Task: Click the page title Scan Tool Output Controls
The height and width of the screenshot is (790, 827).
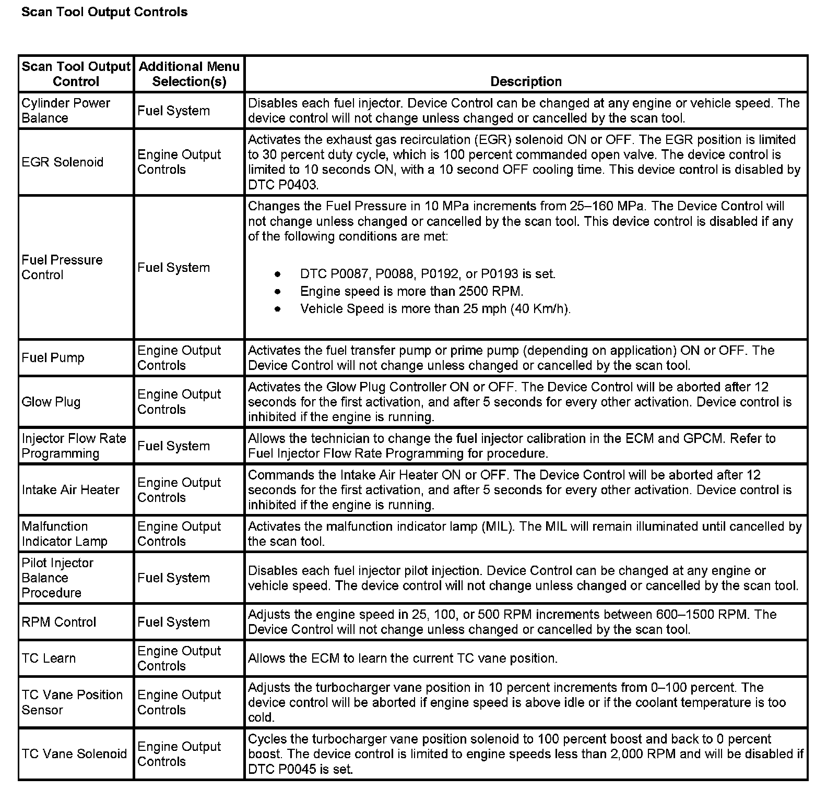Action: (x=104, y=12)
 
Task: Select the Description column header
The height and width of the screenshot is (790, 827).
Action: (x=526, y=81)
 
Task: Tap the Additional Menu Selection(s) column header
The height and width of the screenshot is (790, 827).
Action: (x=189, y=74)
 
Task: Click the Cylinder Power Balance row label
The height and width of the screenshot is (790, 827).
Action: (x=66, y=111)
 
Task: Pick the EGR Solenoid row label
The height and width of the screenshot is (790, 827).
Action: (x=63, y=162)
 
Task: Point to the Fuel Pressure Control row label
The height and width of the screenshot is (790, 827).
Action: (x=62, y=267)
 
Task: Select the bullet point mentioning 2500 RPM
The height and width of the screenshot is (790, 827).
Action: (x=411, y=291)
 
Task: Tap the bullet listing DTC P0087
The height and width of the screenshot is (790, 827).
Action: (x=428, y=274)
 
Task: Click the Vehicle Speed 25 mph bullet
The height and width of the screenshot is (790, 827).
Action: (x=435, y=309)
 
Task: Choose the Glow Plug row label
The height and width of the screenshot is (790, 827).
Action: (x=51, y=402)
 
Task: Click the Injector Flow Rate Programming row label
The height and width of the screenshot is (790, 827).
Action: (x=74, y=446)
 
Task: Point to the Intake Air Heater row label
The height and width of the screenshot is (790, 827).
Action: (x=70, y=490)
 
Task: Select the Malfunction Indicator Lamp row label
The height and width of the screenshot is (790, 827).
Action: (x=64, y=534)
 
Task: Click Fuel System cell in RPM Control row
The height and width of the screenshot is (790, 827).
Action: (x=173, y=622)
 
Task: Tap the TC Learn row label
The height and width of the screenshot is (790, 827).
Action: (x=49, y=659)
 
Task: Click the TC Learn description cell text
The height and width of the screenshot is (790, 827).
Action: (x=403, y=659)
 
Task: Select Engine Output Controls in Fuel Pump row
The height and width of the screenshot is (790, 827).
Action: (x=179, y=358)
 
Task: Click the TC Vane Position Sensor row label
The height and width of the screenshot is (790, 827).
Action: (x=72, y=702)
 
